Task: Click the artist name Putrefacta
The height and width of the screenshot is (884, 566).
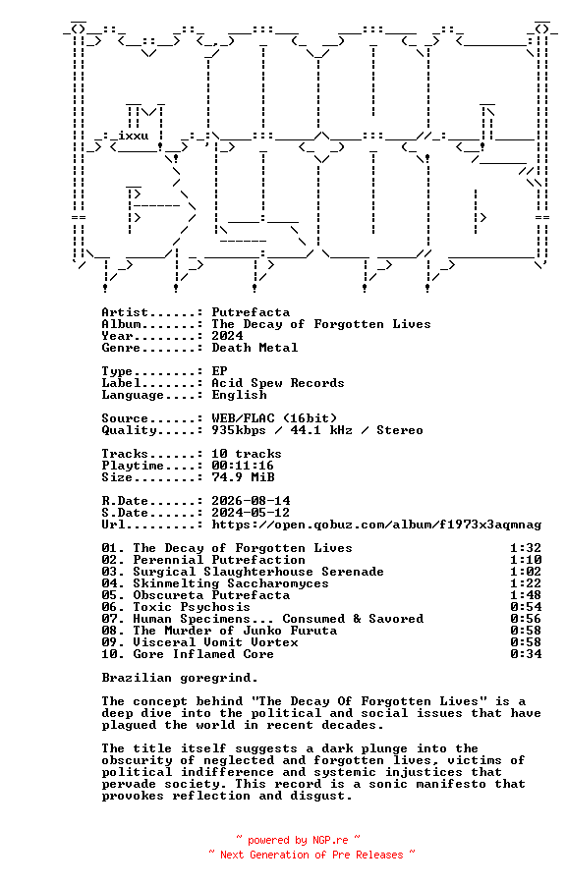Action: (x=251, y=312)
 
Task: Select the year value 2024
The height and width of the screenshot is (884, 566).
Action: (x=227, y=336)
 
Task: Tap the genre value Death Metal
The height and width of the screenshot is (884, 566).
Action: (x=255, y=348)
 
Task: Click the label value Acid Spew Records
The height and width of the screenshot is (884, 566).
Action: (x=278, y=383)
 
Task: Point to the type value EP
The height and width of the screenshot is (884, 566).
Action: (x=219, y=371)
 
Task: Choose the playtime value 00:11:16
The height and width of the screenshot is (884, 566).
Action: (x=243, y=466)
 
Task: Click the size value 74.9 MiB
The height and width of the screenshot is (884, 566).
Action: (x=243, y=477)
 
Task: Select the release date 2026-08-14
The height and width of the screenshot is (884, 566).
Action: (x=251, y=501)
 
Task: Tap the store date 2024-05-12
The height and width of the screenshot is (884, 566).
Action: (x=251, y=513)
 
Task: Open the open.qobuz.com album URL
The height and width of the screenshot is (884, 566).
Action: (x=376, y=525)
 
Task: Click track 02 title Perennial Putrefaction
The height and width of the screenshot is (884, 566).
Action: (x=219, y=561)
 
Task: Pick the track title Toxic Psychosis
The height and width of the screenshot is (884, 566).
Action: (x=192, y=607)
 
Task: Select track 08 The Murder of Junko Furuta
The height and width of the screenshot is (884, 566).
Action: (x=235, y=631)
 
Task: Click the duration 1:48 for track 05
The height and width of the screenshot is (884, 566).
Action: (x=526, y=595)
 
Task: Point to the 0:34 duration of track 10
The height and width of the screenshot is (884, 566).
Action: (x=526, y=654)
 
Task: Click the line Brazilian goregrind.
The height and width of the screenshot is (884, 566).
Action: (x=180, y=678)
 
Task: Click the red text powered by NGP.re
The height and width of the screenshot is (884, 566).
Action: (x=298, y=841)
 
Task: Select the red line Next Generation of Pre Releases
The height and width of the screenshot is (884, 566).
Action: (x=311, y=856)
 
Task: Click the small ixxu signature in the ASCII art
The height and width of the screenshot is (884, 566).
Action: (x=134, y=136)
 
